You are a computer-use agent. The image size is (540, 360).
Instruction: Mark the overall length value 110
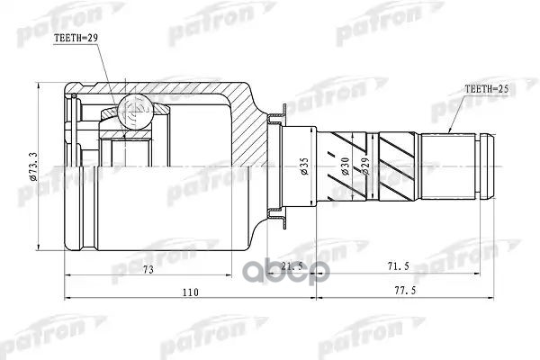pyautogui.click(x=191, y=292)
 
